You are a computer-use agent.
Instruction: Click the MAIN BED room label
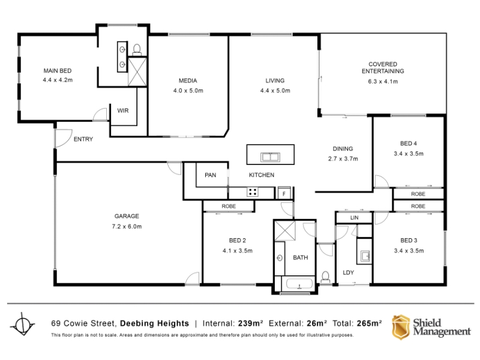pyautogui.click(x=58, y=71)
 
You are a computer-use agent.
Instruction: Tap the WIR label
pyautogui.click(x=123, y=110)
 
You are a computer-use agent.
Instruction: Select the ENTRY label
pyautogui.click(x=83, y=139)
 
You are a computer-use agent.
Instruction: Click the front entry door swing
pyautogui.click(x=63, y=138)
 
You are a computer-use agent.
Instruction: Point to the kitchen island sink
pyautogui.click(x=271, y=157)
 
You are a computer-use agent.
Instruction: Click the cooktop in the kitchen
pyautogui.click(x=253, y=192)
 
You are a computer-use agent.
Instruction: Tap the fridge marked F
pyautogui.click(x=284, y=193)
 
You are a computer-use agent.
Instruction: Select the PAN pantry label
pyautogui.click(x=211, y=175)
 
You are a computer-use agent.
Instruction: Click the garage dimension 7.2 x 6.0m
pyautogui.click(x=127, y=227)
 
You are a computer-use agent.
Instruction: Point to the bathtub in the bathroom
pyautogui.click(x=299, y=284)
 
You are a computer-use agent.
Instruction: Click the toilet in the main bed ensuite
pyautogui.click(x=137, y=50)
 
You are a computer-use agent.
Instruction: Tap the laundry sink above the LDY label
pyautogui.click(x=365, y=256)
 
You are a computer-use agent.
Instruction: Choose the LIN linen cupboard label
pyautogui.click(x=354, y=218)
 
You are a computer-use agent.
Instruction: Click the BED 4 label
pyautogui.click(x=409, y=143)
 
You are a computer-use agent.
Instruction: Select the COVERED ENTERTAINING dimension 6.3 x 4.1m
pyautogui.click(x=383, y=82)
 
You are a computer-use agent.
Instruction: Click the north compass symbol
pyautogui.click(x=23, y=324)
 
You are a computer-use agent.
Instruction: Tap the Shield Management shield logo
pyautogui.click(x=401, y=327)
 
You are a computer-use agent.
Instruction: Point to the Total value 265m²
pyautogui.click(x=369, y=323)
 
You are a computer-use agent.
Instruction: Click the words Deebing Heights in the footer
pyautogui.click(x=155, y=323)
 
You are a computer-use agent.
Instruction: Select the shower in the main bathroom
pyautogui.click(x=285, y=230)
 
